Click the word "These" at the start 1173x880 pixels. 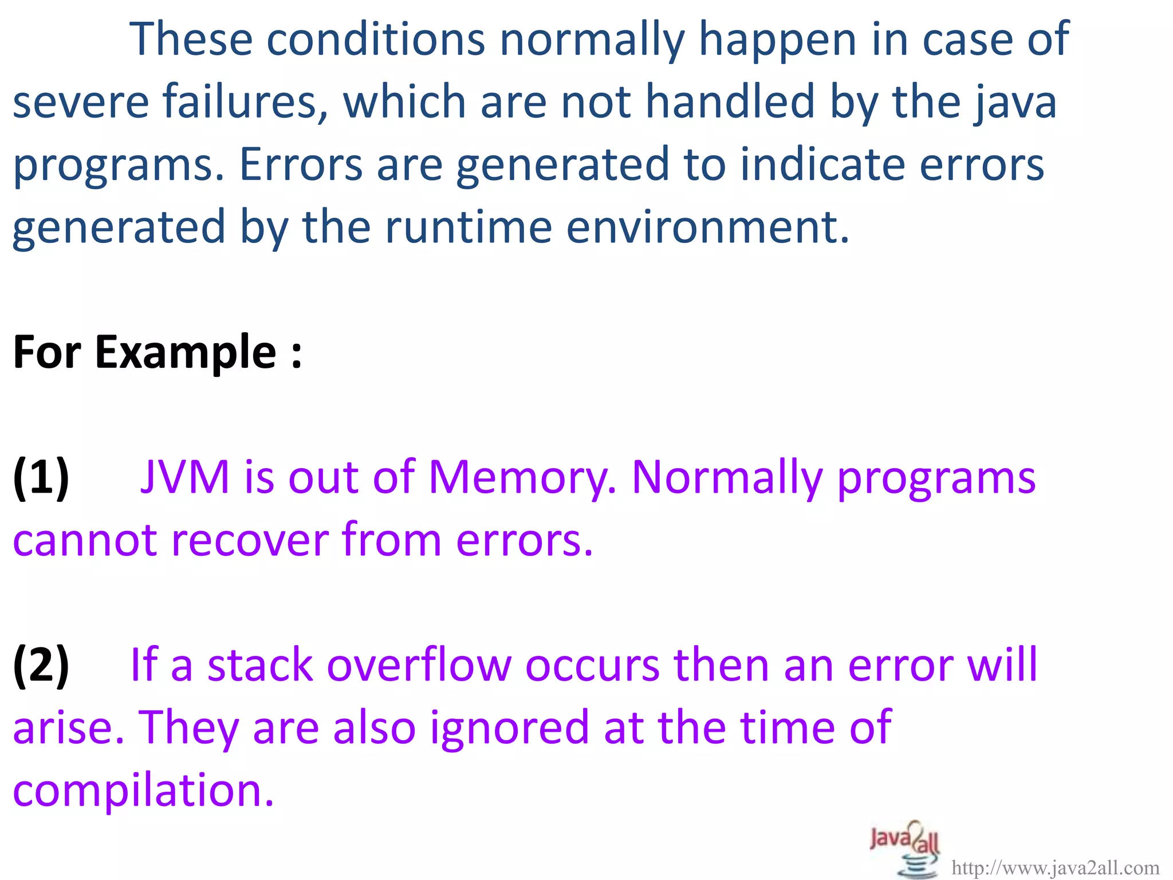[x=191, y=39]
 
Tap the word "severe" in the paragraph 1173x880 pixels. [x=80, y=101]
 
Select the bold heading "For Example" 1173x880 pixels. [x=156, y=352]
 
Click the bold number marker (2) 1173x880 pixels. [x=41, y=665]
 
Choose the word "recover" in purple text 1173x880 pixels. [x=250, y=540]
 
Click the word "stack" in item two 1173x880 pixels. [x=260, y=665]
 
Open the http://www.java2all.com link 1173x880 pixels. [x=1055, y=869]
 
